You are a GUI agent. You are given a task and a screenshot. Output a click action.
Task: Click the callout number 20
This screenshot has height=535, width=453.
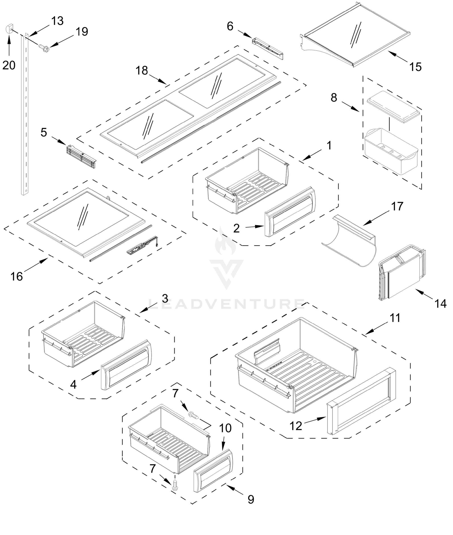(x=9, y=65)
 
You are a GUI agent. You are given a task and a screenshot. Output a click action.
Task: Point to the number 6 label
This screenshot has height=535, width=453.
(x=230, y=26)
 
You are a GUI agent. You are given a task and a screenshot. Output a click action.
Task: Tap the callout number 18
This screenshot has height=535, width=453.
(x=141, y=70)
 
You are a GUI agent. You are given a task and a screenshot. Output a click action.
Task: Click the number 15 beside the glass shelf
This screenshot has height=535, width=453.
(x=415, y=67)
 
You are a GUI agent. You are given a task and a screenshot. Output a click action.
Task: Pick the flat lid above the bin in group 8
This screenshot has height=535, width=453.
(x=394, y=107)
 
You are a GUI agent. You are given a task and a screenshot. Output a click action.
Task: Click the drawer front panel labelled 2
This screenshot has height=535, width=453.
(x=290, y=213)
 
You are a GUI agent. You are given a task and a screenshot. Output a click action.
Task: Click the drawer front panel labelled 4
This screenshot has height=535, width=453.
(x=126, y=365)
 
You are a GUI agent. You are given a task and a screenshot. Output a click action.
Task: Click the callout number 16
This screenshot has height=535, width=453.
(x=16, y=276)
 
